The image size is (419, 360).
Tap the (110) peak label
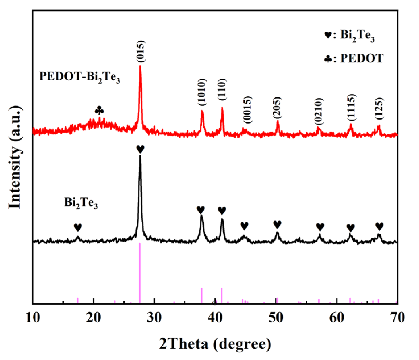pos(222,89)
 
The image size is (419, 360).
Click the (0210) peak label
pos(319,111)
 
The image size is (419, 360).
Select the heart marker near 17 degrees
pos(78,227)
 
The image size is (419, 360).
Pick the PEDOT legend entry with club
pos(354,59)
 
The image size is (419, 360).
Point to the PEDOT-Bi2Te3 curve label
pos(80,77)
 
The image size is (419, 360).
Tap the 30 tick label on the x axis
pos(154,318)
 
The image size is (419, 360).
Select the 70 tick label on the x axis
pos(397,318)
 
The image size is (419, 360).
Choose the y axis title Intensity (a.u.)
pos(15,157)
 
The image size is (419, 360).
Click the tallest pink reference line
pos(140,273)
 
